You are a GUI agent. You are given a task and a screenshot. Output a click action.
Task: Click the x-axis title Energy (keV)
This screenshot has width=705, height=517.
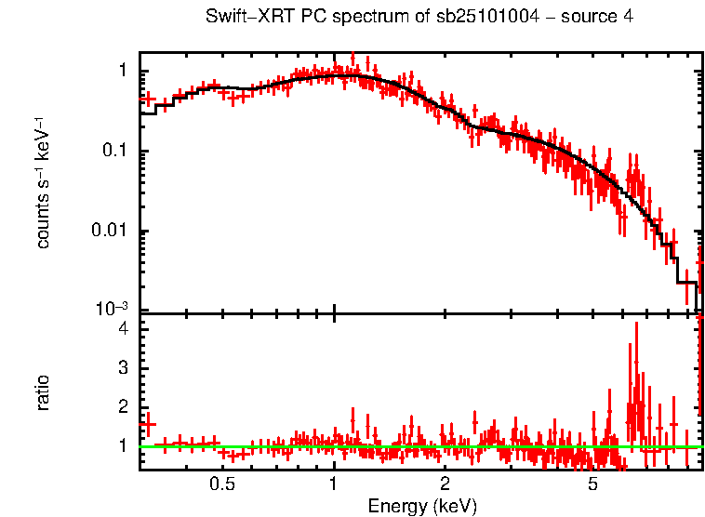point(421,507)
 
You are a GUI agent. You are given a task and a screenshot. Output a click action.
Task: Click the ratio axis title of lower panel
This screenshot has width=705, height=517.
point(43,391)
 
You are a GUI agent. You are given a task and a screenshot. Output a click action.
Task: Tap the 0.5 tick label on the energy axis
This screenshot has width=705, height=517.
point(221,484)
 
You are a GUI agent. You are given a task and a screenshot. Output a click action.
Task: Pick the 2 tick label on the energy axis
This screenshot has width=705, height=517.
point(446,484)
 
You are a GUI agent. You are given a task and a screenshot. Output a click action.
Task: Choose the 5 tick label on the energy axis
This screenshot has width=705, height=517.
point(592,484)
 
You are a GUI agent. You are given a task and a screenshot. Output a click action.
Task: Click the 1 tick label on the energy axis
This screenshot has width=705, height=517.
point(334,484)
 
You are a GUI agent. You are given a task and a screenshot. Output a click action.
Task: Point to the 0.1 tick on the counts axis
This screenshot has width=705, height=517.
point(119,152)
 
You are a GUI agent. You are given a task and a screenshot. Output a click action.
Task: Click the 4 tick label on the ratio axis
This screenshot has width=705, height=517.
point(126,328)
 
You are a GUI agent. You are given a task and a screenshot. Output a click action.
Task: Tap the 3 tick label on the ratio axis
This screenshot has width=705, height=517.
point(126,368)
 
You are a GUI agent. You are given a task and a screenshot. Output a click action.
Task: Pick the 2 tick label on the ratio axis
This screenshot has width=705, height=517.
point(126,407)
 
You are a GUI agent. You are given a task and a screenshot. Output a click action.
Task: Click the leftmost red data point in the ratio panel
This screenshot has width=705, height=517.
point(146,423)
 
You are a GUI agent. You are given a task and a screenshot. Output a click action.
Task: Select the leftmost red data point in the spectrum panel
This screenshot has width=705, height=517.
point(146,98)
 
